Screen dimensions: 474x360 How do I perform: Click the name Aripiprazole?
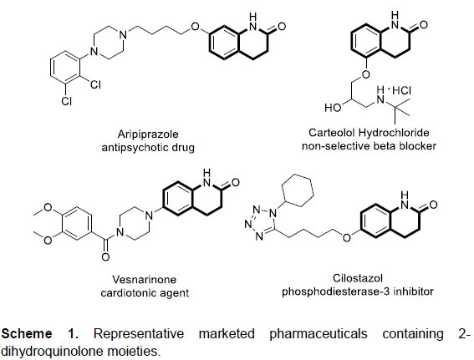click(x=148, y=134)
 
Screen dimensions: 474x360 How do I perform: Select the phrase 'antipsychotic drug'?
click(x=148, y=148)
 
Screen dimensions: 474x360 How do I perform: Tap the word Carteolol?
click(x=331, y=133)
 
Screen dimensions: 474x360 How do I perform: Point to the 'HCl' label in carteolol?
click(x=401, y=90)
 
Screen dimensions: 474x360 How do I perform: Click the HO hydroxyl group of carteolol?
click(x=333, y=108)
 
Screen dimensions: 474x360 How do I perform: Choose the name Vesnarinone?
click(x=144, y=279)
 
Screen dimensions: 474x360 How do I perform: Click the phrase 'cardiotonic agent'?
click(x=145, y=293)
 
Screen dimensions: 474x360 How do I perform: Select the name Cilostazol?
click(x=358, y=278)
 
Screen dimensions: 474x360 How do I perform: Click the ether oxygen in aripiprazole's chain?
click(x=196, y=27)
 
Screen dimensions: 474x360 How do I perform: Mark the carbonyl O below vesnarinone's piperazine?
click(x=105, y=257)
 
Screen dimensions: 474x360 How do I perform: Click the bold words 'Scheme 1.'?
click(x=40, y=334)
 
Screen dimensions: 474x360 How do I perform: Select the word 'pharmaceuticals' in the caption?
click(x=319, y=334)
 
